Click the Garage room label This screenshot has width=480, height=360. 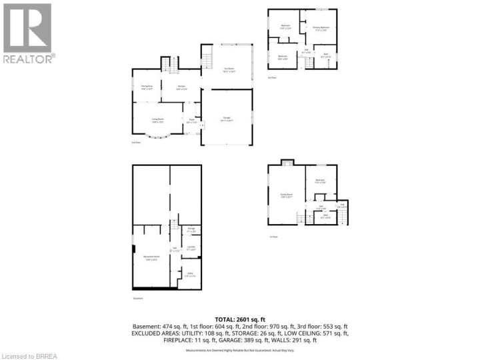[226, 120]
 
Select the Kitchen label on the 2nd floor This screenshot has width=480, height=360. [181, 87]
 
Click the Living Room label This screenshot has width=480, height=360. [157, 121]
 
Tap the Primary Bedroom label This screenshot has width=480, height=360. [321, 28]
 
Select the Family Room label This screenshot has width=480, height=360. [287, 196]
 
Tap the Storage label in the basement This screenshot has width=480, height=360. [191, 230]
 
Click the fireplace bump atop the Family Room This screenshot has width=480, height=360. [287, 163]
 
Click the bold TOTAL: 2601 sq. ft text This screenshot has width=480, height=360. [241, 319]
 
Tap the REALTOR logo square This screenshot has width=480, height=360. [27, 27]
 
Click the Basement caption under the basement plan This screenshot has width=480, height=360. [138, 299]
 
